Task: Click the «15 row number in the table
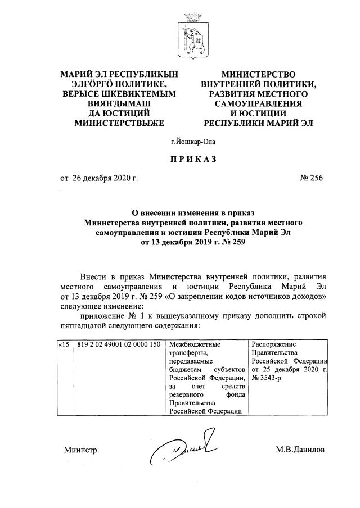point(64,344)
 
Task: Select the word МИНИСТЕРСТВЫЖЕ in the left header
point(119,122)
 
